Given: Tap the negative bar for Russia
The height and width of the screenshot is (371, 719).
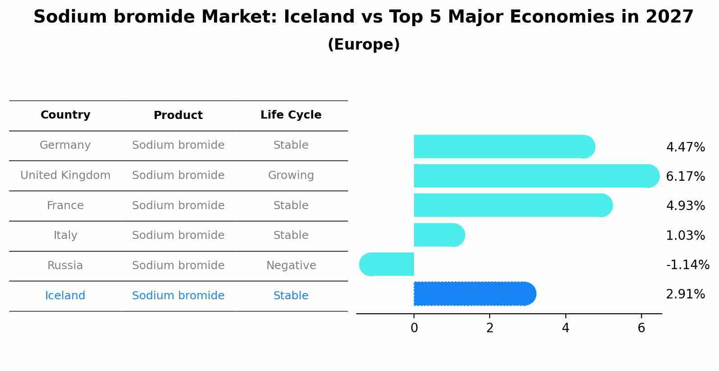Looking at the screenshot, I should [387, 264].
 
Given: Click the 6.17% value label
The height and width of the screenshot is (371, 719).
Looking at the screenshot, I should [685, 176].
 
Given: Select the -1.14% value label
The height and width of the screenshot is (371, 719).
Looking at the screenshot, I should [687, 265].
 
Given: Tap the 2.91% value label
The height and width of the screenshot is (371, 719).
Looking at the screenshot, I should [685, 294].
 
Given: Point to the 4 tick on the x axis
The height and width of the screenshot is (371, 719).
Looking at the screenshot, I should [565, 328].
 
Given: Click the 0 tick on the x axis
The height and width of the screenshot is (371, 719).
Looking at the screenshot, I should [414, 328].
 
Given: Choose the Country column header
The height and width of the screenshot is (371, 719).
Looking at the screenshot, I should [65, 115].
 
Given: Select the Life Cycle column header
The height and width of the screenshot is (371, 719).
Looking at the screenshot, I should [291, 115].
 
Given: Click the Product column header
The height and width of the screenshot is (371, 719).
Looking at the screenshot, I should [178, 115].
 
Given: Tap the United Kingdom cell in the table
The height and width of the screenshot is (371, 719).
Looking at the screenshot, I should [65, 175].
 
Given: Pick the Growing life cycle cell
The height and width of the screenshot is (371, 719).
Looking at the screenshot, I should [291, 175].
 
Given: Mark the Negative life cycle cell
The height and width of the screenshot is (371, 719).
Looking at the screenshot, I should [291, 266].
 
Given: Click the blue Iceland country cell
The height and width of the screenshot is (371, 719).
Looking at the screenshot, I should [65, 296].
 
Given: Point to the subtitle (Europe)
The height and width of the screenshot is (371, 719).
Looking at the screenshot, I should [364, 45].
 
